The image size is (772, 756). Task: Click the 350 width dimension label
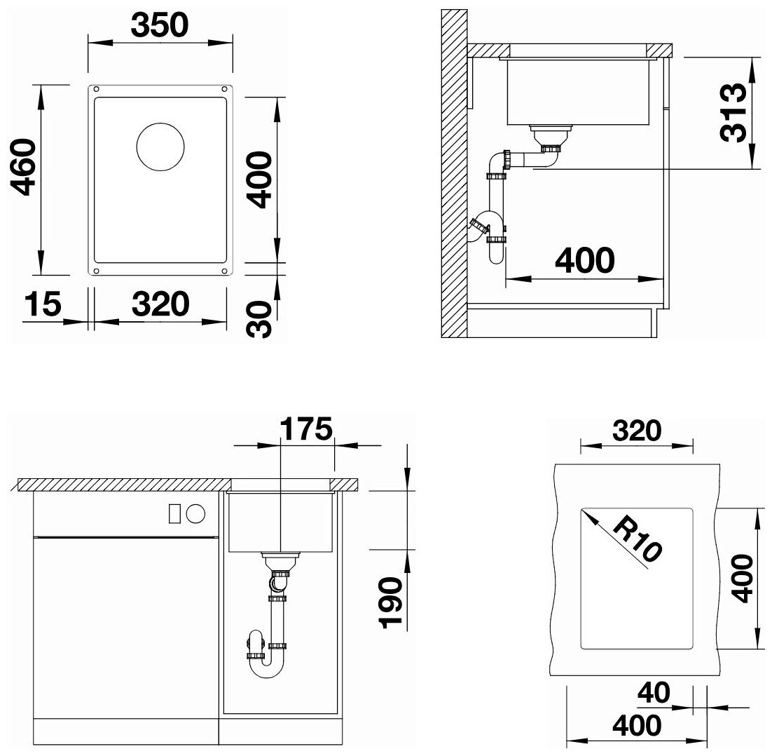click(160, 26)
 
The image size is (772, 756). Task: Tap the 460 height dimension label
click(24, 167)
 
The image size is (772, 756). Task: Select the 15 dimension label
click(43, 304)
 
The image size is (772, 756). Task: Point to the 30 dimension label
click(259, 319)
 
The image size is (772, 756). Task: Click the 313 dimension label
click(733, 114)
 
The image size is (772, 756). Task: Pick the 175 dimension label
click(306, 428)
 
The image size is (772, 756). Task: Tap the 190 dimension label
click(391, 603)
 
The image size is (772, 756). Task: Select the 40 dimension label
click(654, 692)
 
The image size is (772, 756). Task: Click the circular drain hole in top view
click(160, 147)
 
